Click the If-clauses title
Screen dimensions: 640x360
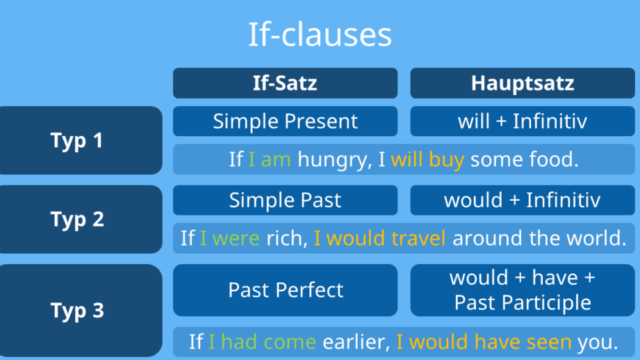(x=320, y=34)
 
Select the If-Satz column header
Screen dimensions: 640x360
(x=286, y=83)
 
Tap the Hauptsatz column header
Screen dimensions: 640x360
(x=523, y=83)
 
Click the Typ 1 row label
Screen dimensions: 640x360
(x=81, y=140)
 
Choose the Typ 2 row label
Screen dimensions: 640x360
(x=81, y=219)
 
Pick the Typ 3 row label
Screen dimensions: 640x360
(x=81, y=311)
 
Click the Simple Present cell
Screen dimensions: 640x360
(x=286, y=121)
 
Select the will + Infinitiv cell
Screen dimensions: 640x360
(x=523, y=121)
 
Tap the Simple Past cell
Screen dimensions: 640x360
(x=286, y=200)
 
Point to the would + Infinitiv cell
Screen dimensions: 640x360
(x=523, y=200)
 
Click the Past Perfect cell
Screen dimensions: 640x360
(x=286, y=291)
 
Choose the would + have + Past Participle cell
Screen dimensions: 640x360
(x=523, y=291)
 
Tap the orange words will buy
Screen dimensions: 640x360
(x=427, y=160)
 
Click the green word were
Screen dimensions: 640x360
(x=236, y=238)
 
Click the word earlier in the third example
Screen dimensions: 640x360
(x=356, y=342)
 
